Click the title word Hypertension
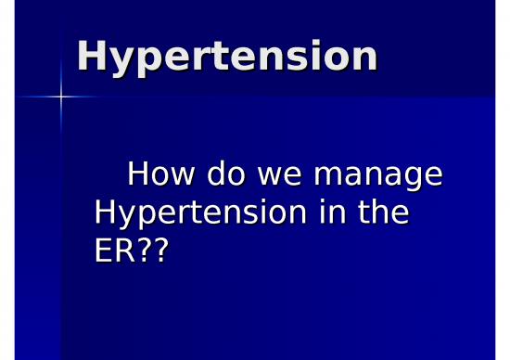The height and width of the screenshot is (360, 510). [x=227, y=58]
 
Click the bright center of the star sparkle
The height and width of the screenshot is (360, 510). [x=62, y=96]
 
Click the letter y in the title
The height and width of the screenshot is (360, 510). [x=121, y=61]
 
